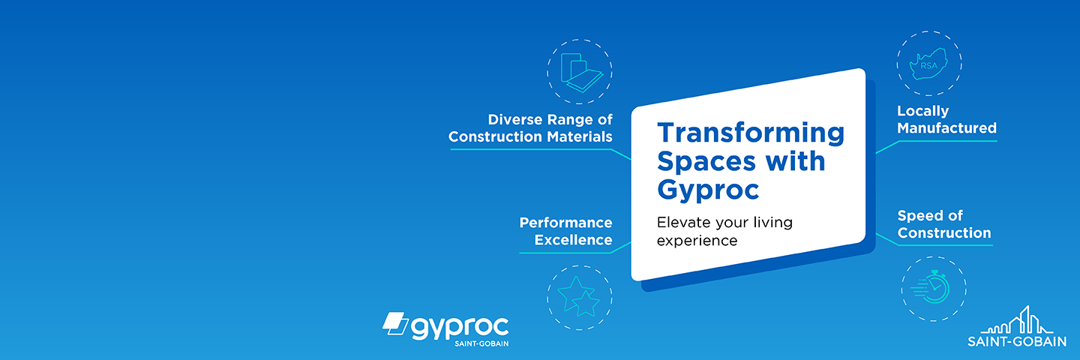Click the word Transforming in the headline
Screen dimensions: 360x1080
tap(751, 133)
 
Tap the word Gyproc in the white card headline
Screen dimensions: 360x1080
tap(708, 190)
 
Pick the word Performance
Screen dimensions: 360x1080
tap(565, 223)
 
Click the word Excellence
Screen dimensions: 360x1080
tap(573, 240)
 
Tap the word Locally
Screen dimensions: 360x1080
tap(922, 111)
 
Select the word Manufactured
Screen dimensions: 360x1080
tap(946, 128)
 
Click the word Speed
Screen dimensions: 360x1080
tap(919, 216)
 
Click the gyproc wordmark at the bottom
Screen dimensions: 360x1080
tap(460, 326)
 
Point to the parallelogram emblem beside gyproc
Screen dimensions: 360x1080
tap(394, 323)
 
